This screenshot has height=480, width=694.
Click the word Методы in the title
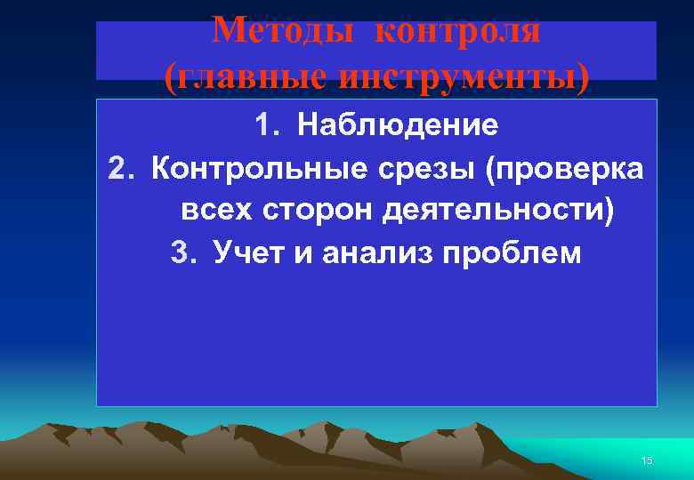[x=282, y=31]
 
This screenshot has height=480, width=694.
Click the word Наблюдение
[x=399, y=125]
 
